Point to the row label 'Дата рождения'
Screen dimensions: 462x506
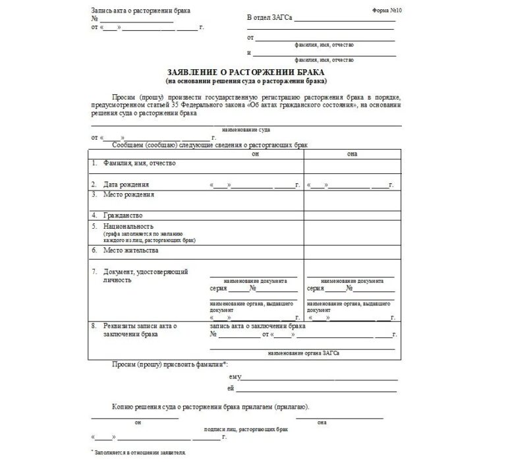click(x=125, y=184)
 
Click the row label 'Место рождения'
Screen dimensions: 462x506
click(x=128, y=195)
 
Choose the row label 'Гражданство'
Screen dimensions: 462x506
click(x=123, y=215)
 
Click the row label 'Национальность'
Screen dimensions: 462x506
click(x=129, y=226)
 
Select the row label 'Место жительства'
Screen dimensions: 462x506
click(x=130, y=250)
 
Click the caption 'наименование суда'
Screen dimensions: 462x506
click(x=246, y=130)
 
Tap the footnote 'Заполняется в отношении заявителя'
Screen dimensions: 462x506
click(x=140, y=453)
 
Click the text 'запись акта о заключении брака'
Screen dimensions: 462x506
click(x=258, y=326)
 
